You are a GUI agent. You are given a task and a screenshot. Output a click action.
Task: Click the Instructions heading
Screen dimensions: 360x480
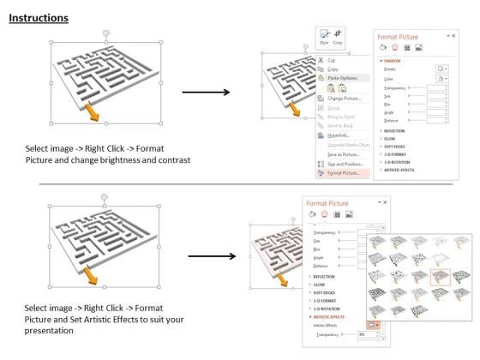click(39, 18)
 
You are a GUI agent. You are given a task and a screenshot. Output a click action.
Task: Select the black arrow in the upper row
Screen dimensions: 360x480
click(219, 92)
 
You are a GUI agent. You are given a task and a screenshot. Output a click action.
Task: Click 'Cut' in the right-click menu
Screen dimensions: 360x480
click(332, 60)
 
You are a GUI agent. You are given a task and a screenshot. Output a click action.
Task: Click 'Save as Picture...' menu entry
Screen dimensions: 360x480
click(346, 153)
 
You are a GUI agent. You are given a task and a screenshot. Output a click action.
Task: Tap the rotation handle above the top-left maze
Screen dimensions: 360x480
click(106, 33)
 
